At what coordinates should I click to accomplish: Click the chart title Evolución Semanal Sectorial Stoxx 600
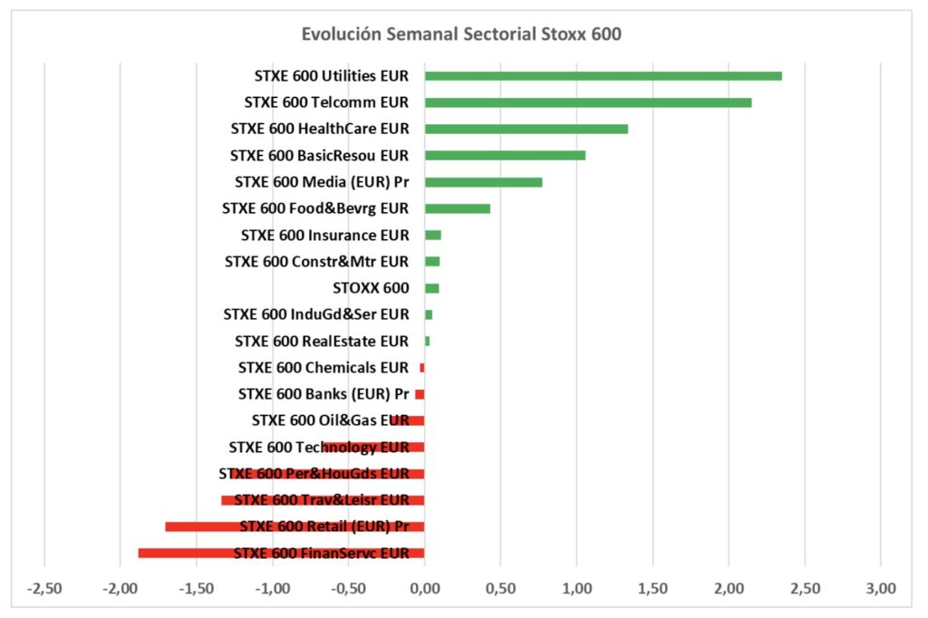462,34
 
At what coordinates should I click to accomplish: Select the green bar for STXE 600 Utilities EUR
603,76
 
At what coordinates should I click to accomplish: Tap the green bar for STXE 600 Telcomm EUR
587,102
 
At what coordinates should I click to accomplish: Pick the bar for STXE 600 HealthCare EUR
526,129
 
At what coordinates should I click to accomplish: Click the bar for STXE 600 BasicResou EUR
505,155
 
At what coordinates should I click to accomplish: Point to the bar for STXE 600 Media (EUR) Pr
483,182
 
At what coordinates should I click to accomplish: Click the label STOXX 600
372,288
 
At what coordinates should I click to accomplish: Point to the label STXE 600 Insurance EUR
324,236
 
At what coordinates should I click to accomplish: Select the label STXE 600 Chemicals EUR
324,368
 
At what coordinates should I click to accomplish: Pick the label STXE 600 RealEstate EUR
322,342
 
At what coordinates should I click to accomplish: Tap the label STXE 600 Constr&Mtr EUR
316,262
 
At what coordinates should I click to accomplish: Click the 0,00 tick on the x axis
424,588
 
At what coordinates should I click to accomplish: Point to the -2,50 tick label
44,588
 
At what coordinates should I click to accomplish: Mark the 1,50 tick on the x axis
652,588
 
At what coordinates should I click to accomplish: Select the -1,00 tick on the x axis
272,588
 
